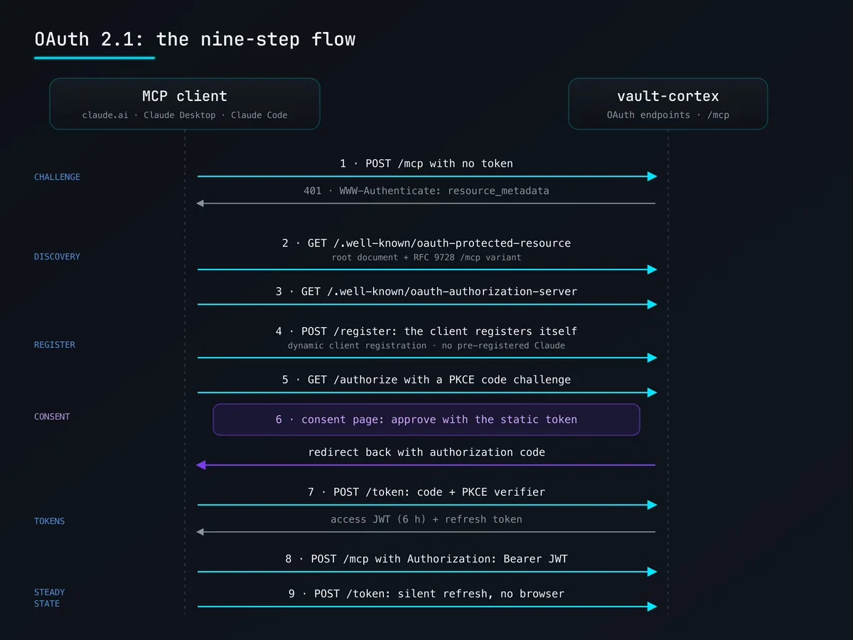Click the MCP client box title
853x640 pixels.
point(185,96)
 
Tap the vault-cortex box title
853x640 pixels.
point(668,96)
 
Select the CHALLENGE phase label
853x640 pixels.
point(57,177)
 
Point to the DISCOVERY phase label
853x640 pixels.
point(57,257)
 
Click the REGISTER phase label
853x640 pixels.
point(55,345)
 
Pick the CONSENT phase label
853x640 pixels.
point(52,417)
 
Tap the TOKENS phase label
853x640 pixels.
point(49,521)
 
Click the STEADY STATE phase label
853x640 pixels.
point(49,597)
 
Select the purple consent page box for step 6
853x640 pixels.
point(426,420)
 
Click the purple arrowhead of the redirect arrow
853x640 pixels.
point(201,465)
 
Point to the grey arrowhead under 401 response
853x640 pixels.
point(200,203)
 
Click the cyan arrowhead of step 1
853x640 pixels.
point(652,176)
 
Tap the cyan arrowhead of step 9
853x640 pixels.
point(652,606)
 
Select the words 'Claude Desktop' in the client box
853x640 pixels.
point(180,115)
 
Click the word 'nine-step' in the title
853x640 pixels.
point(250,39)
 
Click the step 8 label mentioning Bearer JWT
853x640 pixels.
point(426,559)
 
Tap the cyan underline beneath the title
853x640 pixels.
point(95,58)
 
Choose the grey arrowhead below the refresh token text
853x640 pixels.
point(200,532)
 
